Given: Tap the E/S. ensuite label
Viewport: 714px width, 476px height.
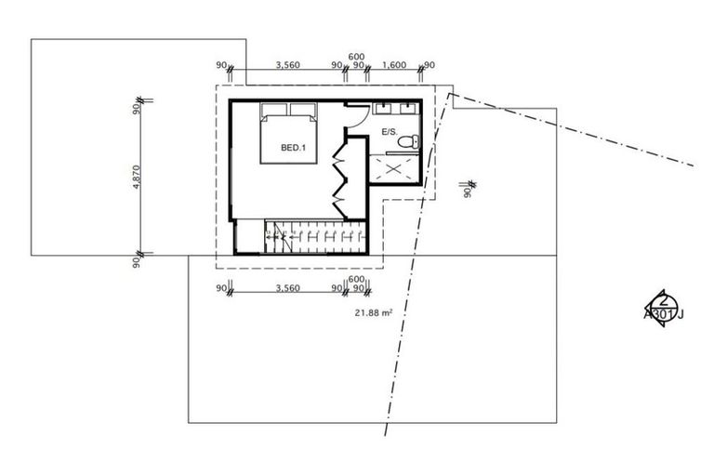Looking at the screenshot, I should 390,133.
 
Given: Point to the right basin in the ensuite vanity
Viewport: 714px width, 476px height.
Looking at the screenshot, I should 409,109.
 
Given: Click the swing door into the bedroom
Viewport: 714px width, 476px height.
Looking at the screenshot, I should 356,116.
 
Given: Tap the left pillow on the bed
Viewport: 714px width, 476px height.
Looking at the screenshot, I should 275,110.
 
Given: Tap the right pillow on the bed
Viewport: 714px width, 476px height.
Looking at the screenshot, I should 304,110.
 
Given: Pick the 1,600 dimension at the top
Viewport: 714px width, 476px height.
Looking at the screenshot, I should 394,65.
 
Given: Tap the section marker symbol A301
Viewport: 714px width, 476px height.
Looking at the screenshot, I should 663,306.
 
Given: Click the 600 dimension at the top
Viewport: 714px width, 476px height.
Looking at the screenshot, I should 356,56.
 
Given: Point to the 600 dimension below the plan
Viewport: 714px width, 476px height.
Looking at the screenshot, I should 356,280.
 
